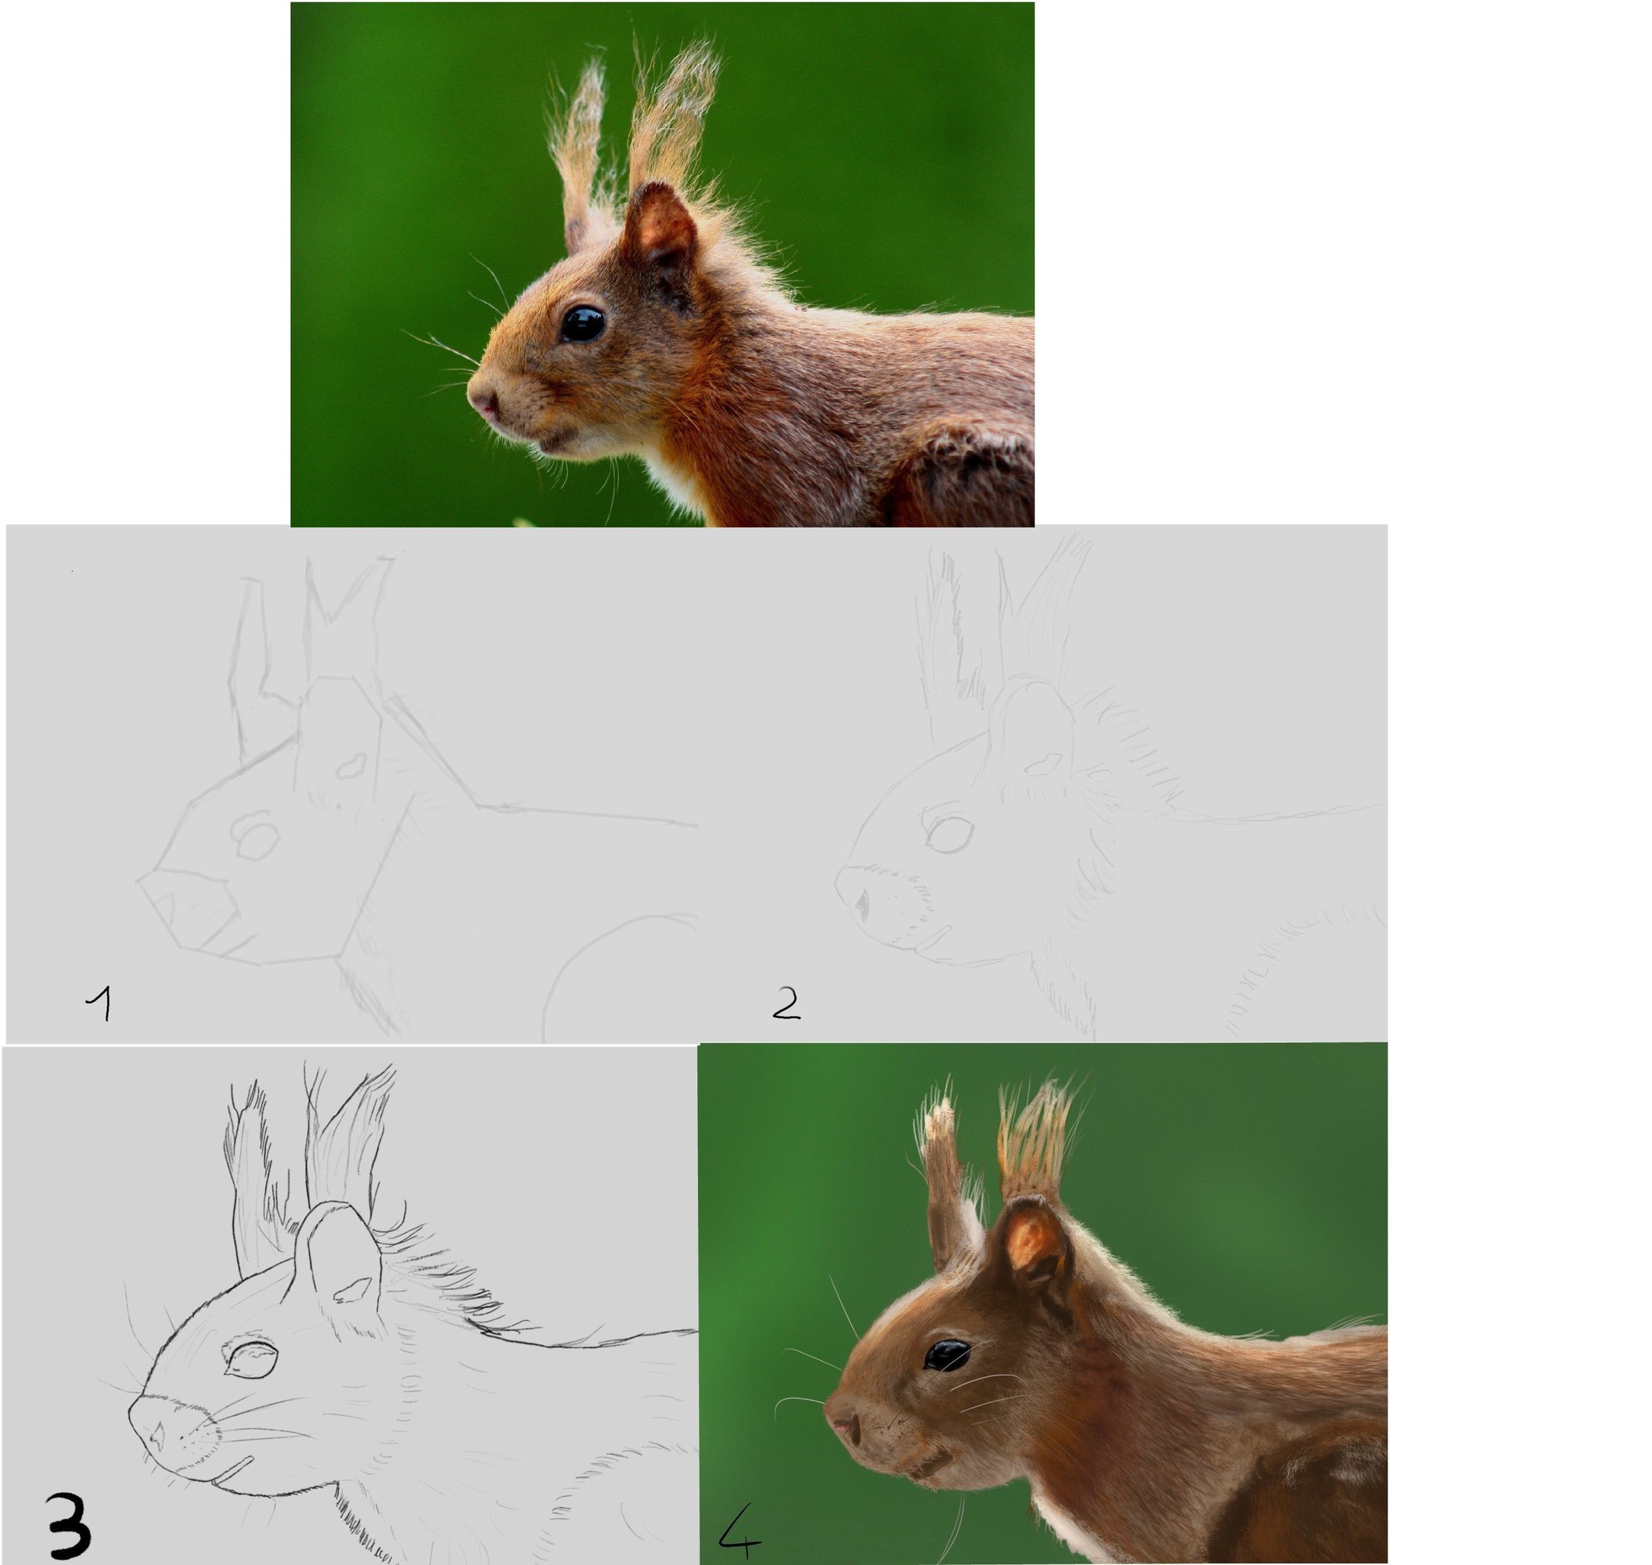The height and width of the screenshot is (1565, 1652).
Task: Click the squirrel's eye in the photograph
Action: (x=582, y=324)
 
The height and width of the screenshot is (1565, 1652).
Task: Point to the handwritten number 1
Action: (x=99, y=1004)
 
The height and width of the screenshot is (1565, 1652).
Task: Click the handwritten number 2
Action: (x=786, y=1004)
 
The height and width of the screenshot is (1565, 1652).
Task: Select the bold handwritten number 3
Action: (x=68, y=1526)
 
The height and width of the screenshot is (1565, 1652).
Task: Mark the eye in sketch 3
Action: (x=250, y=1358)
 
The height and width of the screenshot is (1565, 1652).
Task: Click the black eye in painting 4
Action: (x=947, y=1355)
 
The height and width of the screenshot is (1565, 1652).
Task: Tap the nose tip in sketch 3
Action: (x=156, y=1434)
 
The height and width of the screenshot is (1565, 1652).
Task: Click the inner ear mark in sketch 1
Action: (x=352, y=765)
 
